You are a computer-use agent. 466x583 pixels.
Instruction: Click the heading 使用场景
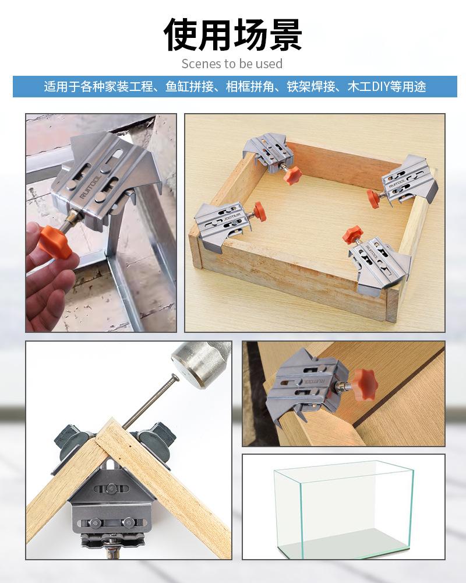coord(232,34)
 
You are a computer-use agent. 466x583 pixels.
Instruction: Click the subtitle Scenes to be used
coord(232,64)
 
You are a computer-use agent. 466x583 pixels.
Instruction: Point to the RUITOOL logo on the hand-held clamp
coord(89,187)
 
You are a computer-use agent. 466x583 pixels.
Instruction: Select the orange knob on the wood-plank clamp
coord(365,384)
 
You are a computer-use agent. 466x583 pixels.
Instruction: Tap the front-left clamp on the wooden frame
coord(222,225)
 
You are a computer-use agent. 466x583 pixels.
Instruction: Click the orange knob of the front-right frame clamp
coord(352,234)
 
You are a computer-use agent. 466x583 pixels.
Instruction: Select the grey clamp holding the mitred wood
coord(111,498)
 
